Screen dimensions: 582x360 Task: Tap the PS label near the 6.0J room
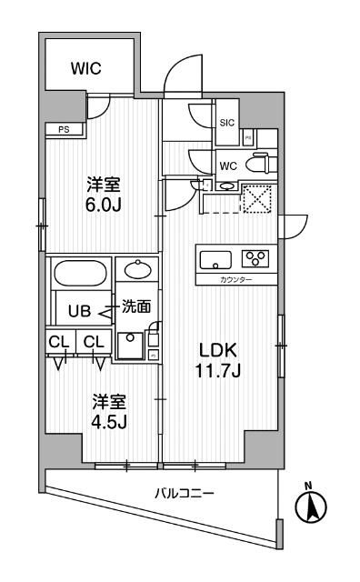63,129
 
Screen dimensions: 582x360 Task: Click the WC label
229,165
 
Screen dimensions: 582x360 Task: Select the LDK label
217,348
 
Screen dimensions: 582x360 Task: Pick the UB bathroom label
81,309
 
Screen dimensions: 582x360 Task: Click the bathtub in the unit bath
80,275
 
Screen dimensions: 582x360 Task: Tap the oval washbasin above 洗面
137,270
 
